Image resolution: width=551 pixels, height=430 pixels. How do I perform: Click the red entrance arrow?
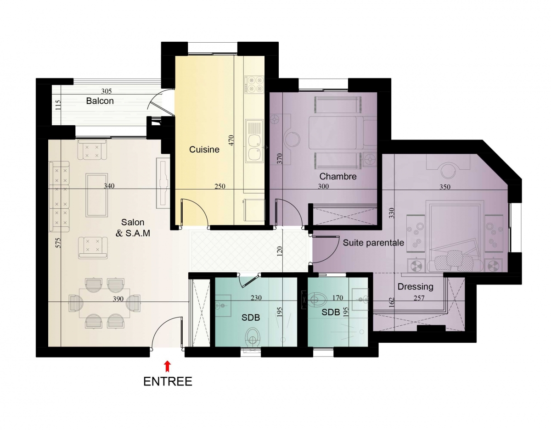pyautogui.click(x=167, y=366)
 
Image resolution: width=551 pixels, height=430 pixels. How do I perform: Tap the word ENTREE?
pyautogui.click(x=168, y=382)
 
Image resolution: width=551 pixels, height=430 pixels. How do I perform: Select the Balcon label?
pyautogui.click(x=100, y=101)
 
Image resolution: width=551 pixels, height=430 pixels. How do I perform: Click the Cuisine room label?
pyautogui.click(x=204, y=150)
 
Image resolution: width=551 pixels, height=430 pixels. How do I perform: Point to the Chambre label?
pyautogui.click(x=338, y=176)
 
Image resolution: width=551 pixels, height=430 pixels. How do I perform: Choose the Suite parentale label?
pyautogui.click(x=373, y=243)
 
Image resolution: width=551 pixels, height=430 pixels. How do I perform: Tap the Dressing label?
pyautogui.click(x=416, y=287)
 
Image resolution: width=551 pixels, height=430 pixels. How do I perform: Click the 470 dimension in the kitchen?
pyautogui.click(x=231, y=140)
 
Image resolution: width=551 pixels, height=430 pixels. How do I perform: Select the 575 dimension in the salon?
pyautogui.click(x=58, y=243)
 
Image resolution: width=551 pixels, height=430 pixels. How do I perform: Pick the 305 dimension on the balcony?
pyautogui.click(x=107, y=91)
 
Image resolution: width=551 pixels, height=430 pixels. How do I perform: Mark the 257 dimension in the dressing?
pyautogui.click(x=419, y=298)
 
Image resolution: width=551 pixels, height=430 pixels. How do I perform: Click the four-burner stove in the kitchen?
pyautogui.click(x=254, y=84)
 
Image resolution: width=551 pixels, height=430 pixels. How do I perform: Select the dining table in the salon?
pyautogui.click(x=105, y=303)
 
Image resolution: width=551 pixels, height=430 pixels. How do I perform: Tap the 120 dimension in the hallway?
pyautogui.click(x=280, y=251)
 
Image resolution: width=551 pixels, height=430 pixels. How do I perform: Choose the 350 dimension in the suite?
pyautogui.click(x=445, y=187)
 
